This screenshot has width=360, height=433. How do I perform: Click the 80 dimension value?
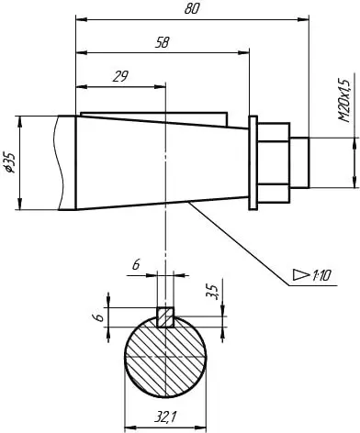click(192, 9)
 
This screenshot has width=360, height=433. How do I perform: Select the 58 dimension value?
click(162, 42)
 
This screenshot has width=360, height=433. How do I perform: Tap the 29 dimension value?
click(120, 76)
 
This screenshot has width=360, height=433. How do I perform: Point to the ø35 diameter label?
click(11, 162)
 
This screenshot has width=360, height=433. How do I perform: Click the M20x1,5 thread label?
click(344, 101)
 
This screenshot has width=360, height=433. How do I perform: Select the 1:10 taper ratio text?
click(321, 276)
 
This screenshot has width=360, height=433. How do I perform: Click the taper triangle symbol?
click(300, 274)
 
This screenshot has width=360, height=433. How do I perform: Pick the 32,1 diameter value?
click(165, 416)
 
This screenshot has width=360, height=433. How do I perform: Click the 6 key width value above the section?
click(136, 264)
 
